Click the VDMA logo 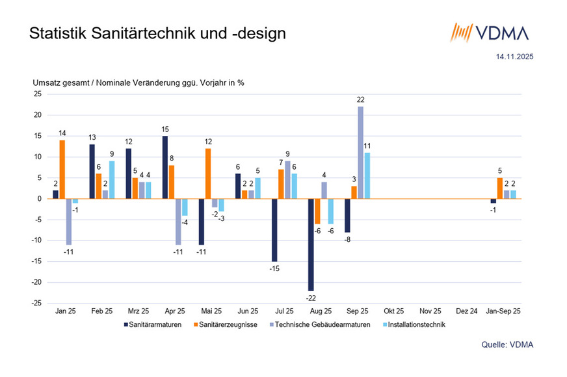(491, 32)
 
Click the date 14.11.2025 (515, 57)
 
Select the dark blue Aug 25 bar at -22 (311, 244)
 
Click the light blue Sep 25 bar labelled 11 (367, 175)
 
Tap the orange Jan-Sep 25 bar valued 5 (499, 188)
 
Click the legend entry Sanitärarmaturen (153, 324)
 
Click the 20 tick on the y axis (38, 115)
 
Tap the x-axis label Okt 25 (393, 311)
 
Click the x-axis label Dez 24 (467, 311)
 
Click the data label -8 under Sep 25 (347, 239)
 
